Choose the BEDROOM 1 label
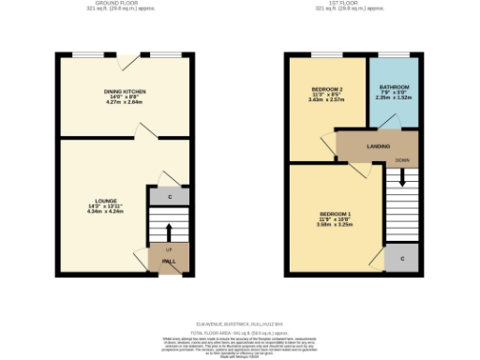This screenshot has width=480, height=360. point(334,215)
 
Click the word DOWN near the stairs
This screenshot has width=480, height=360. point(402,160)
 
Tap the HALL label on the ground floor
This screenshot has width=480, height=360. point(169,262)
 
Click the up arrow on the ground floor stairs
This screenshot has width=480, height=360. point(169,232)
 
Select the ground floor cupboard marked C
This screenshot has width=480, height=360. point(169,197)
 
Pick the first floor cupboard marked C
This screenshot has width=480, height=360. point(402,257)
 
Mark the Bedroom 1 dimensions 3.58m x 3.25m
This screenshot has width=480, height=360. point(334,225)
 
